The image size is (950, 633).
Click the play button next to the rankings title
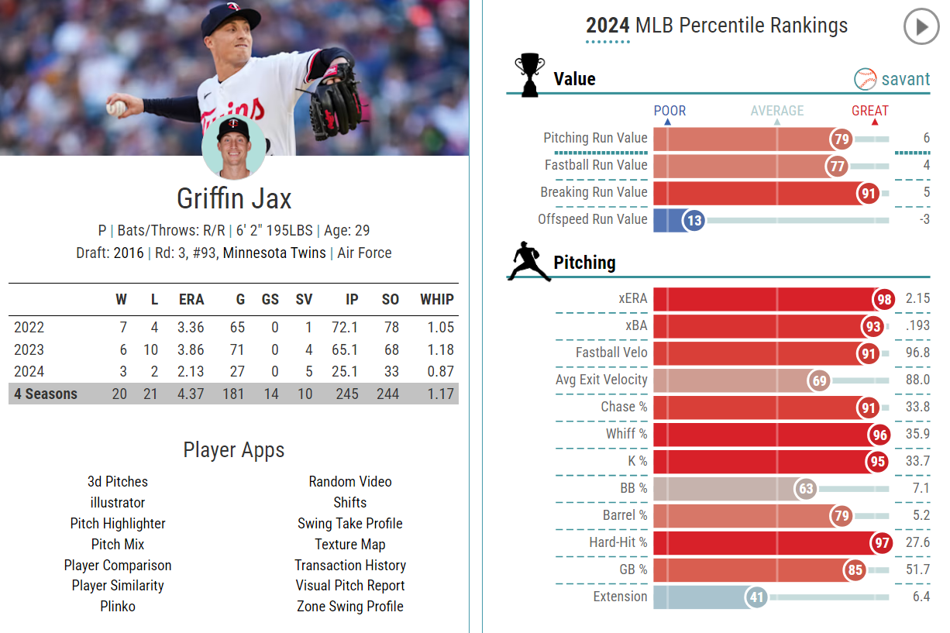[x=921, y=27]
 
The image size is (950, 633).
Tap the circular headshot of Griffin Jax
[x=233, y=147]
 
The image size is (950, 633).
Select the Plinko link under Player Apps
[x=118, y=607]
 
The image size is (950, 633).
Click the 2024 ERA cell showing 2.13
[x=190, y=372]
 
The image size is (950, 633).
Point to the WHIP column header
[x=437, y=300]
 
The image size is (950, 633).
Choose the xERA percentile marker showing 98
[x=883, y=299]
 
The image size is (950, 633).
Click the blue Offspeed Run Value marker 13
[x=694, y=221]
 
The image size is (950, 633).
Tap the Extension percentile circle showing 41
[x=756, y=597]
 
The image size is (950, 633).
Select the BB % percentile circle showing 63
[x=806, y=489]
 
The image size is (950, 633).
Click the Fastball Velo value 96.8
[x=917, y=353]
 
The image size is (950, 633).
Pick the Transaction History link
[x=350, y=566]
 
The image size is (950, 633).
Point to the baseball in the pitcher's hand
[x=115, y=108]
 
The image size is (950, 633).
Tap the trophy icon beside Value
[x=530, y=74]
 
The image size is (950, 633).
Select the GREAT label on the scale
[x=869, y=111]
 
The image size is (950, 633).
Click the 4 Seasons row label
[x=46, y=394]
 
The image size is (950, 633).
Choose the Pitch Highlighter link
[x=118, y=524]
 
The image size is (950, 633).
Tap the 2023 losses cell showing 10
[x=151, y=350]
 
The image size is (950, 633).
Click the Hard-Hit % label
[x=618, y=543]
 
